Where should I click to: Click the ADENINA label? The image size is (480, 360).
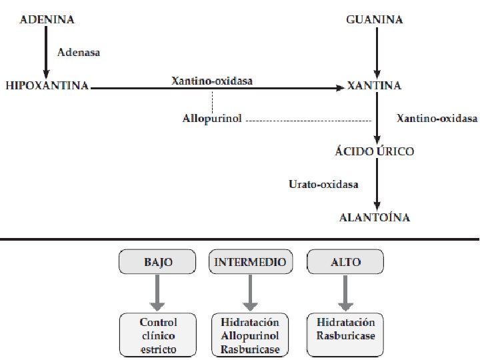point(47,20)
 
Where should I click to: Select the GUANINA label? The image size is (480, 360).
point(375,20)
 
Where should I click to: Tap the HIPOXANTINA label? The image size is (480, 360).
point(47,86)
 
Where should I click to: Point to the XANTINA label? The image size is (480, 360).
point(374,86)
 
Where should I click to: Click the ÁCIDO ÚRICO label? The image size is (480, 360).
point(374,151)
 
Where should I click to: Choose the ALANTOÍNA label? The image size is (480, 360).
point(374,217)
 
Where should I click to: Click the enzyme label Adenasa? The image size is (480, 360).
point(79,52)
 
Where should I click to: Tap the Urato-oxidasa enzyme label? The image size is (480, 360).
point(323,184)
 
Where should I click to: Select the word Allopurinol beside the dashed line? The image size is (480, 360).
point(212,119)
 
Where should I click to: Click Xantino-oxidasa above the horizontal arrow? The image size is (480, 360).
point(212,80)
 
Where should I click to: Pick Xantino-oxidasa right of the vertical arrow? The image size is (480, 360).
point(437,119)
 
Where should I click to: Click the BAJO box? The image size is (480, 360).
point(157,262)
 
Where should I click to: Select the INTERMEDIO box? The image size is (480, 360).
point(250,262)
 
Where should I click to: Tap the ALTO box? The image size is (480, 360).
point(345,262)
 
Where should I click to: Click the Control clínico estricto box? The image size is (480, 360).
point(158,335)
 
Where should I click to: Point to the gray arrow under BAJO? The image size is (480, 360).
point(157,292)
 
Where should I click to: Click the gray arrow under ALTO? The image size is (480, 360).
point(345,292)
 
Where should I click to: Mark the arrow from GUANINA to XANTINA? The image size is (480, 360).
point(377,53)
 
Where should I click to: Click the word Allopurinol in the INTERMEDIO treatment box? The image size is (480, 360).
point(250,335)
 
